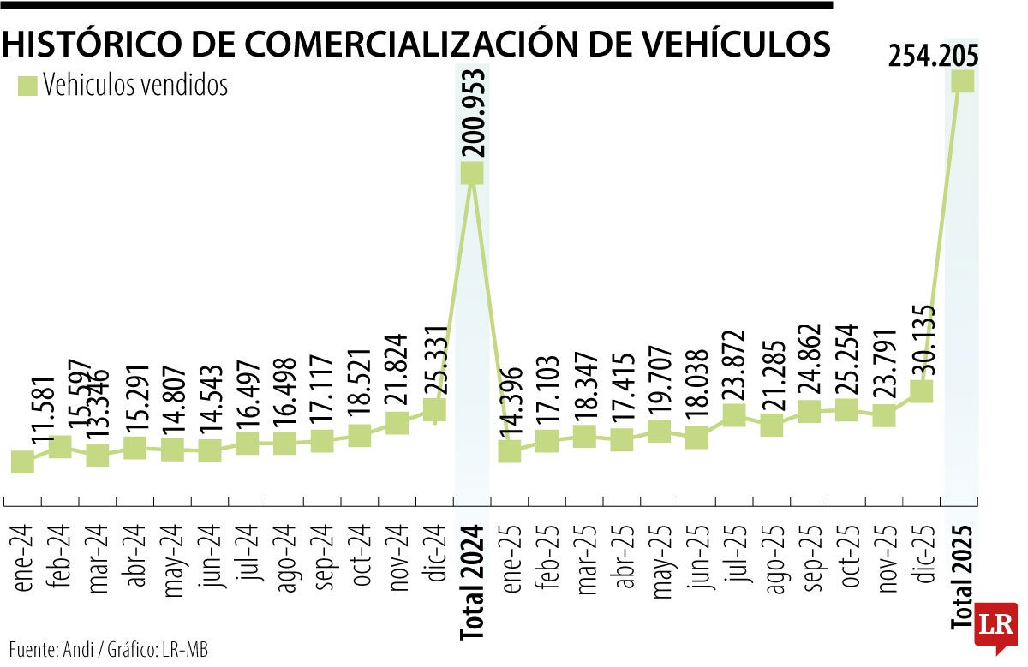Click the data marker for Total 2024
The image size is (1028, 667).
point(472,173)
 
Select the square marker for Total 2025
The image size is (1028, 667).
point(962,81)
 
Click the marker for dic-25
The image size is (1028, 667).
point(921,391)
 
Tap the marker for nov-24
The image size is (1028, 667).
point(397,423)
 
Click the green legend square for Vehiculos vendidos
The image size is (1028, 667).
point(27,86)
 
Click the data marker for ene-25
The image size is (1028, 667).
point(510,451)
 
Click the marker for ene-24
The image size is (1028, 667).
point(23,462)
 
